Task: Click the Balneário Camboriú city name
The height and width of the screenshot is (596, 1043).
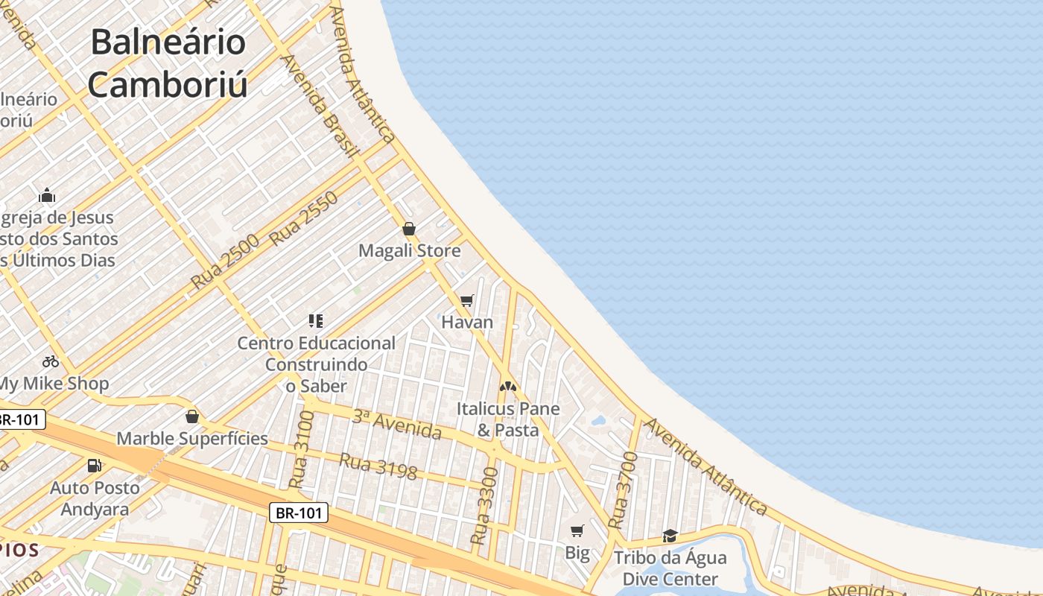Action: (168, 63)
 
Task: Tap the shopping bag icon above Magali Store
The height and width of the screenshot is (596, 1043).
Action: (408, 229)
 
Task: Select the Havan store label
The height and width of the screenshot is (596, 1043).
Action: (467, 322)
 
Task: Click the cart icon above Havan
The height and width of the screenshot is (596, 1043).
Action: (467, 300)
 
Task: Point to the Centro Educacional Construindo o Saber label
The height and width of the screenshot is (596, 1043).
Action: (317, 364)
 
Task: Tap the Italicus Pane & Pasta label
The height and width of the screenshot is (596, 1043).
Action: (508, 419)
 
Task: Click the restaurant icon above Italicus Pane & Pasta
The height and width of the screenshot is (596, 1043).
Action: (508, 387)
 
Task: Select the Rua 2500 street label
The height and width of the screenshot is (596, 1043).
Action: (224, 261)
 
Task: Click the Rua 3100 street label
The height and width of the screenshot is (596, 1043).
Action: (300, 449)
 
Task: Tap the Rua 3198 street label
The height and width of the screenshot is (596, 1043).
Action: (378, 466)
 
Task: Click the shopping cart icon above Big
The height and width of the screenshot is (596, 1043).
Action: (577, 530)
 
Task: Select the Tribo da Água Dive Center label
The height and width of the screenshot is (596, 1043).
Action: (670, 568)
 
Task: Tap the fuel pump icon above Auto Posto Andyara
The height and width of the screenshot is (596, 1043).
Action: (95, 466)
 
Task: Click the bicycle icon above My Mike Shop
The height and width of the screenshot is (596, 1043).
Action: (51, 361)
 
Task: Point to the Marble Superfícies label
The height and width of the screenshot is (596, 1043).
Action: (192, 438)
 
